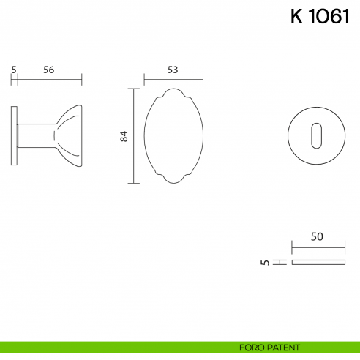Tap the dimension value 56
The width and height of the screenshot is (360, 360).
[x=49, y=70]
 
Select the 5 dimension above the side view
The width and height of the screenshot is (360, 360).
[x=14, y=70]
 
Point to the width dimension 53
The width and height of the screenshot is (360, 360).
[x=173, y=70]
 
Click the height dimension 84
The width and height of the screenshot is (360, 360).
[x=124, y=136]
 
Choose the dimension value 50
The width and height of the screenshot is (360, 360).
[x=318, y=236]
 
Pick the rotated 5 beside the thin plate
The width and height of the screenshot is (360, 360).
[x=264, y=261]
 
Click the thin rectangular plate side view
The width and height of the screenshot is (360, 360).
[x=318, y=261]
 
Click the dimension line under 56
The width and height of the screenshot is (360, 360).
[x=49, y=78]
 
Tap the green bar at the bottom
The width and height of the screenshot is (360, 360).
[x=110, y=346]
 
